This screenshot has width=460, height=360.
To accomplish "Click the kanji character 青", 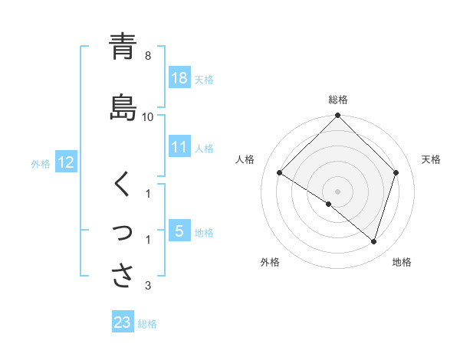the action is tap(123, 47).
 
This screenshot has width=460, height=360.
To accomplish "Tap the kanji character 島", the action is tap(123, 107).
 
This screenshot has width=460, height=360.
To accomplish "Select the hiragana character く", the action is tap(123, 185).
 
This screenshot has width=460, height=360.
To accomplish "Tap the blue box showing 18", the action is tap(179, 78).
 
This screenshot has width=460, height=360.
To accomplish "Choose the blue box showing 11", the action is tap(179, 148).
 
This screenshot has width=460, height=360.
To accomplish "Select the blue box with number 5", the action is tap(179, 231).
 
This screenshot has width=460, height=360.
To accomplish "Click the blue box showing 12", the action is tap(66, 162).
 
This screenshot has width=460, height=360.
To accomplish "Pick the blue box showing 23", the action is tap(123, 322).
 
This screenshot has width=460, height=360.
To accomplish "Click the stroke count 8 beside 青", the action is tap(148, 57).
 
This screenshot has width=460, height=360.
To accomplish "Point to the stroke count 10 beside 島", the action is tap(148, 117).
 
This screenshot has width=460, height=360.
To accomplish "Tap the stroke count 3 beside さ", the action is tap(148, 286).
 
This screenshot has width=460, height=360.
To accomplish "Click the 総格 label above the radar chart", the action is tap(338, 100).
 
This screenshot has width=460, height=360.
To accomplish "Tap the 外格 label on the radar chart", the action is tap(269, 263).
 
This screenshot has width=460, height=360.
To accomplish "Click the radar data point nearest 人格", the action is tap(280, 173).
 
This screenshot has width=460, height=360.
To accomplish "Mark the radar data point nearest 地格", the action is tap(373, 242).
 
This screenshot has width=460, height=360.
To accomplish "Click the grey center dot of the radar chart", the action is tap(337, 191).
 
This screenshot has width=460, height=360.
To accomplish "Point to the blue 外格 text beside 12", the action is tap(41, 163).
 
